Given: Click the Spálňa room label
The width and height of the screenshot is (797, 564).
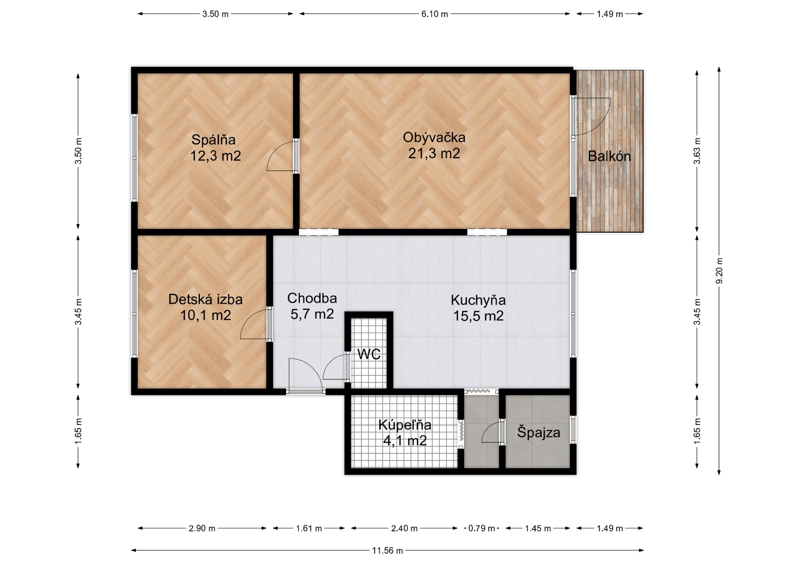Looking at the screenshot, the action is tap(213, 140).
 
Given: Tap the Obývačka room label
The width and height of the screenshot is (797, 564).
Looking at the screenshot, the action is tap(434, 137).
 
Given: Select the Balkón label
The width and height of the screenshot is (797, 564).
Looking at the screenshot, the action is tap(609, 156).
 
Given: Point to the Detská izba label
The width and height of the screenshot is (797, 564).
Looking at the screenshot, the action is tap(205, 299).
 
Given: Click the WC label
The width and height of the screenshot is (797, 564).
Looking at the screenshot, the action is tap(369, 354).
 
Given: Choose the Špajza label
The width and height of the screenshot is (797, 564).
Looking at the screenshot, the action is tap(538, 432).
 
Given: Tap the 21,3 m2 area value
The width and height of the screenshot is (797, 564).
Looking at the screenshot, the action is tap(434, 154).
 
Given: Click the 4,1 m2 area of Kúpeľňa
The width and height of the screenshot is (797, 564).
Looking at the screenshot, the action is tap(405, 440).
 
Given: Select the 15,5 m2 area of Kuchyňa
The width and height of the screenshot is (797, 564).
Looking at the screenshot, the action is tap(478, 316).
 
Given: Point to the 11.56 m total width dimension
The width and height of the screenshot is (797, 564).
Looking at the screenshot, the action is tap(387, 550).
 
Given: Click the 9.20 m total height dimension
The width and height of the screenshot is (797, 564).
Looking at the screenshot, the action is tap(719, 271).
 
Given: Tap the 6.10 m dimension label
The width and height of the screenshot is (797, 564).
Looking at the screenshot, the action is tap(435, 14).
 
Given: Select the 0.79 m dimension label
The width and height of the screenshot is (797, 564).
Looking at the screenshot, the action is tap(482, 528).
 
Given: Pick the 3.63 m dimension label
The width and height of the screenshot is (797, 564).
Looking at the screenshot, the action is tap(697, 151).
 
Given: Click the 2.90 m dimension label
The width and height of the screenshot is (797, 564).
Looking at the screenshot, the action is tap(202, 528).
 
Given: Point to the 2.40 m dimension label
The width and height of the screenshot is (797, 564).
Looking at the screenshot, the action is tap(404, 528).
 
